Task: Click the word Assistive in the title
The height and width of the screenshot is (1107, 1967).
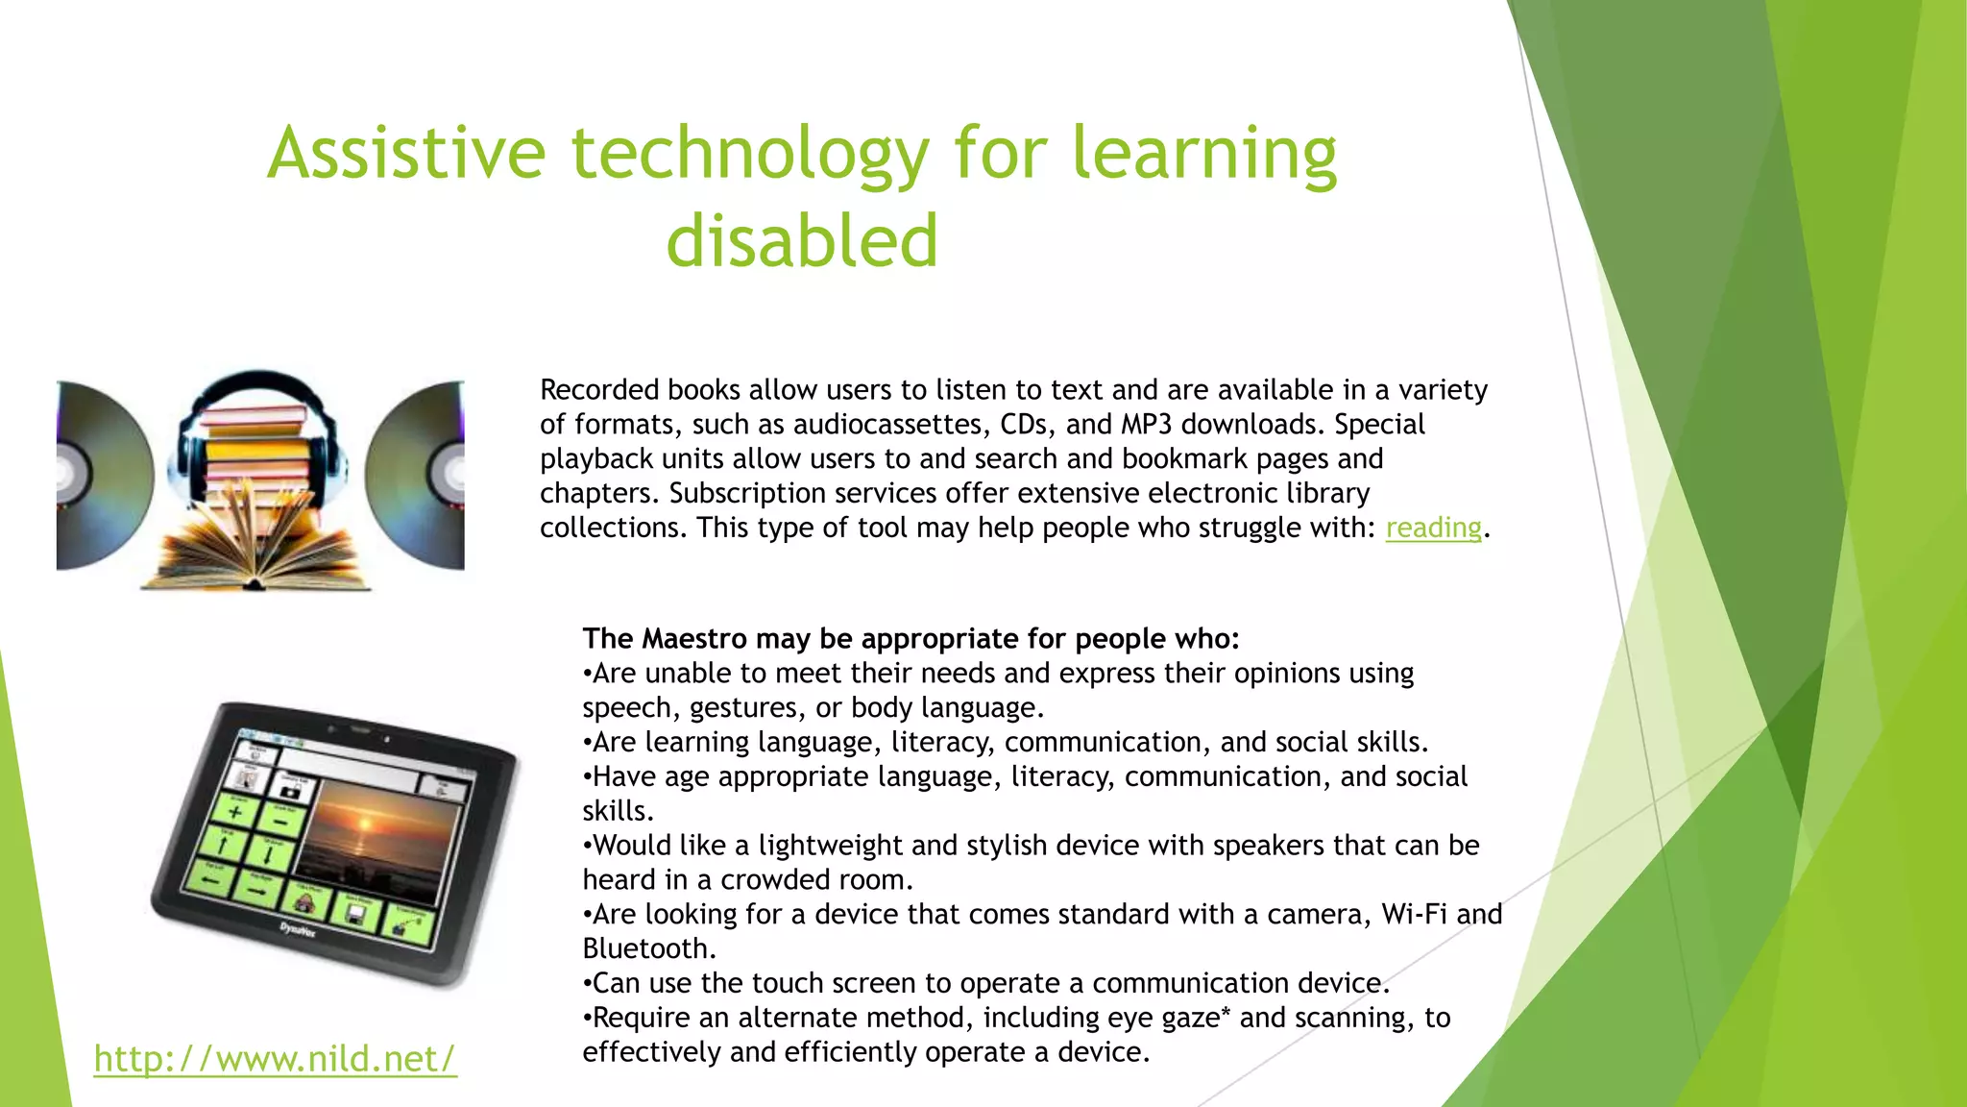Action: click(406, 154)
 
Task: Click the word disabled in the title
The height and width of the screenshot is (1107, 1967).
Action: click(802, 240)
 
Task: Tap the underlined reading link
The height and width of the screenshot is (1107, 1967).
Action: click(1433, 528)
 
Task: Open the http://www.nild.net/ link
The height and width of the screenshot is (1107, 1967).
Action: click(275, 1058)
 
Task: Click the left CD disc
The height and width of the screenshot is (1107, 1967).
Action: click(101, 475)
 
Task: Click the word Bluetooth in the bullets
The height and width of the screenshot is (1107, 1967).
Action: click(648, 949)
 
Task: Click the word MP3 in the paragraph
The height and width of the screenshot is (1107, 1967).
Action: click(1140, 425)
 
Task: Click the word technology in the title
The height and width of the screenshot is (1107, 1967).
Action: click(750, 154)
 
